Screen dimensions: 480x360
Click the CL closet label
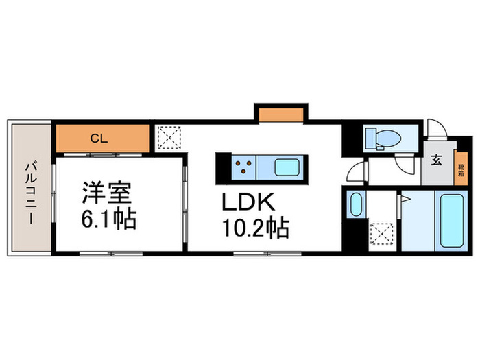99,139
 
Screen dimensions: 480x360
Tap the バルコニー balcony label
31,194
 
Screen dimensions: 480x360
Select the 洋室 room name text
107,193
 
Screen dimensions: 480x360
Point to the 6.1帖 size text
108,219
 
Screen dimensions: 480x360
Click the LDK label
248,202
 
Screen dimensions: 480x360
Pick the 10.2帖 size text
256,228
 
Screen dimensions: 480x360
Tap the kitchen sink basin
287,167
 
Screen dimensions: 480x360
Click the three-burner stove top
243,167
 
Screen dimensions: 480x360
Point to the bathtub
451,220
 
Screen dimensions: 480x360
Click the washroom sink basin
355,204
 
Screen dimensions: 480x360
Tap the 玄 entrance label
437,160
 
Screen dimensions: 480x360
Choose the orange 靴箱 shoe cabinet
461,169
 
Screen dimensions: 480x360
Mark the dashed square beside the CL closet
169,137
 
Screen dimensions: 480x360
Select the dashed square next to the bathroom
381,235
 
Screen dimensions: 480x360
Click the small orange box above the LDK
281,115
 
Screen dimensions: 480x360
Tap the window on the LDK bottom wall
267,253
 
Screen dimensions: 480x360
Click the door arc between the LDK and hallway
357,171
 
